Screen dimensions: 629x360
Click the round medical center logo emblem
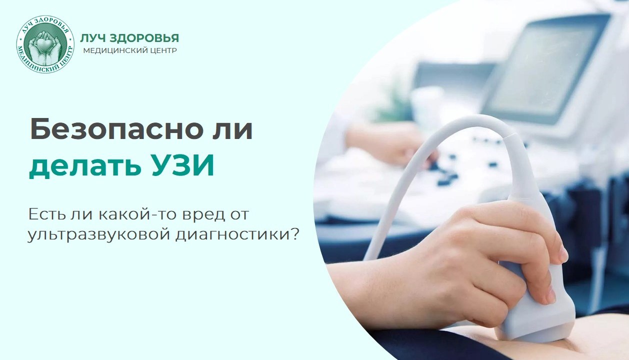(45, 44)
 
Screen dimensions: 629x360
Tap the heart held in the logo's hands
(45, 43)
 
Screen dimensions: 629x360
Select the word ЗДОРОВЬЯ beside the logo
(144, 38)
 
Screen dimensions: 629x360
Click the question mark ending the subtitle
(294, 233)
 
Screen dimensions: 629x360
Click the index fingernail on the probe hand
(563, 254)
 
